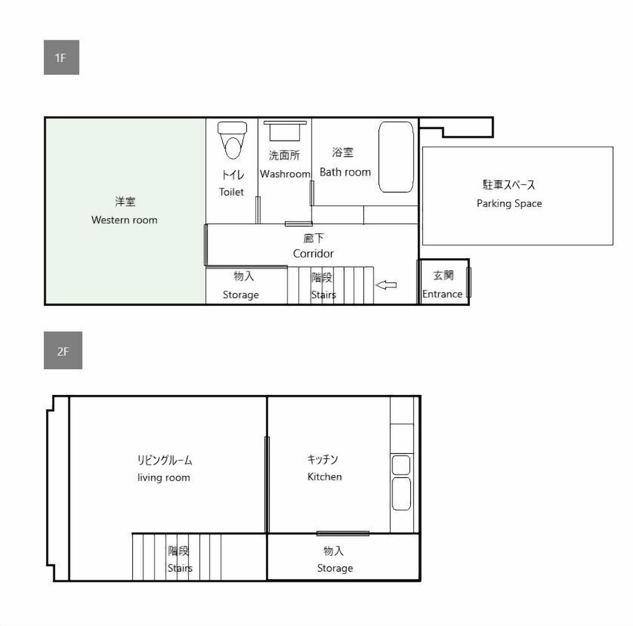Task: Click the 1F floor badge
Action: [x=61, y=58]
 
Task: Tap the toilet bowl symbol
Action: [x=232, y=140]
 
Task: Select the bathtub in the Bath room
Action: [x=396, y=157]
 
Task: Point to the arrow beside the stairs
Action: [x=386, y=285]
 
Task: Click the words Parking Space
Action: [x=509, y=203]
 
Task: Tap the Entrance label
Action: [x=442, y=294]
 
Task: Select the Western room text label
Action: [x=124, y=220]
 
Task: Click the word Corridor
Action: [x=313, y=253]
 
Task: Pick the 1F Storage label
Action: [x=241, y=294]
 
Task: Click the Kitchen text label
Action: [x=324, y=477]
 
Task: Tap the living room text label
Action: [x=163, y=477]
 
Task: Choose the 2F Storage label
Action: [x=335, y=568]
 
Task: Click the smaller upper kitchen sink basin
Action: [x=401, y=465]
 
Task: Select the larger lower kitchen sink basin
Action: [x=401, y=494]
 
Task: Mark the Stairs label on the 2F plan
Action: [x=180, y=568]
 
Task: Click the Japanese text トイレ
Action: [x=232, y=175]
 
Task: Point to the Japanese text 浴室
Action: [x=343, y=153]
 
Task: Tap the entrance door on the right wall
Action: [x=468, y=282]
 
